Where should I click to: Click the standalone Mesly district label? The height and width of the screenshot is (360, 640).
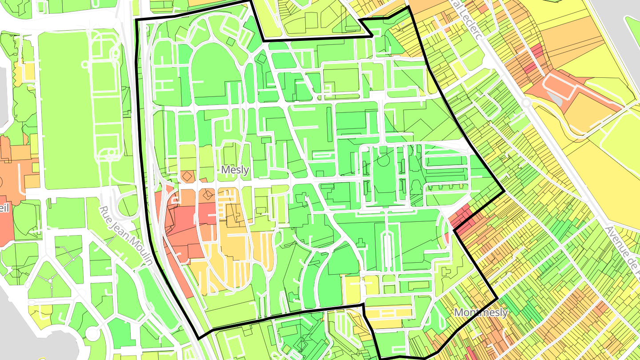pyautogui.click(x=235, y=170)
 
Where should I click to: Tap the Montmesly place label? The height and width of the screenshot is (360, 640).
pyautogui.click(x=480, y=312)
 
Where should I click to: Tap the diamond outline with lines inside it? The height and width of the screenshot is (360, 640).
pyautogui.click(x=207, y=194)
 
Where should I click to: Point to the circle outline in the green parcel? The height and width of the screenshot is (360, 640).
pyautogui.click(x=383, y=160)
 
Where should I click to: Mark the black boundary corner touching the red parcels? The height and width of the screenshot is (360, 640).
pyautogui.click(x=454, y=230)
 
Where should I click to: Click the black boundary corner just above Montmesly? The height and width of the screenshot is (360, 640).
pyautogui.click(x=496, y=299)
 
